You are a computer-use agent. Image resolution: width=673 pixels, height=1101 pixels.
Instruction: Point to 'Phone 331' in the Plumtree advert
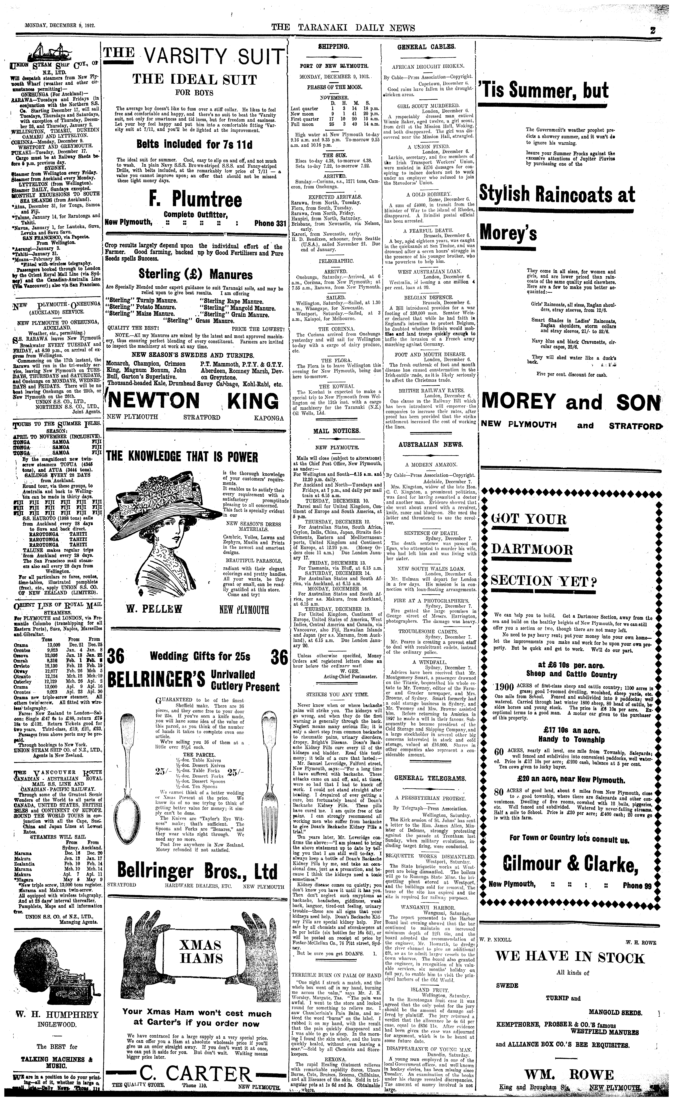pyautogui.click(x=270, y=223)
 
